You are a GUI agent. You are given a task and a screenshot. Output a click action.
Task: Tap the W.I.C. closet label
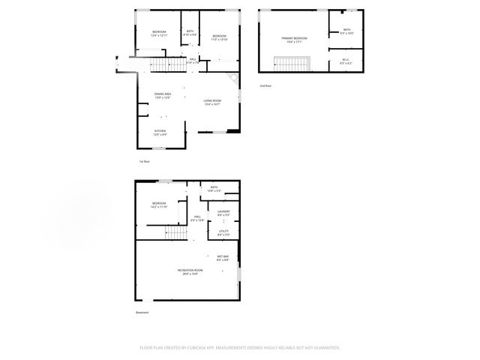click(345, 61)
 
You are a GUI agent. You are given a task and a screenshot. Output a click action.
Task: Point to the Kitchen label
click(160, 132)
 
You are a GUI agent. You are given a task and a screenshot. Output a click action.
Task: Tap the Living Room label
click(212, 103)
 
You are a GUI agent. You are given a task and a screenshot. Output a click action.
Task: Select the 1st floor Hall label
click(193, 61)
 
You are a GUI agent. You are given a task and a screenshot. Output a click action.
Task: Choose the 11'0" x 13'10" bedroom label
click(219, 37)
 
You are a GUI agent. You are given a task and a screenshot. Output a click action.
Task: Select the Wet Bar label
click(223, 258)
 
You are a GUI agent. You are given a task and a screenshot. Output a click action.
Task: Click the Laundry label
click(223, 214)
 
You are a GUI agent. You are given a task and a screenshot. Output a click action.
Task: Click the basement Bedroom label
click(158, 205)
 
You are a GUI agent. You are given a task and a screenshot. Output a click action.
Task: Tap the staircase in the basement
click(175, 234)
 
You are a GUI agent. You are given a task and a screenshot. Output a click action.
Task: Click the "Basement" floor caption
click(142, 313)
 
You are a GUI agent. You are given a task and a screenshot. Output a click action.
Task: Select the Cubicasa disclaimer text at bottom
click(240, 347)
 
